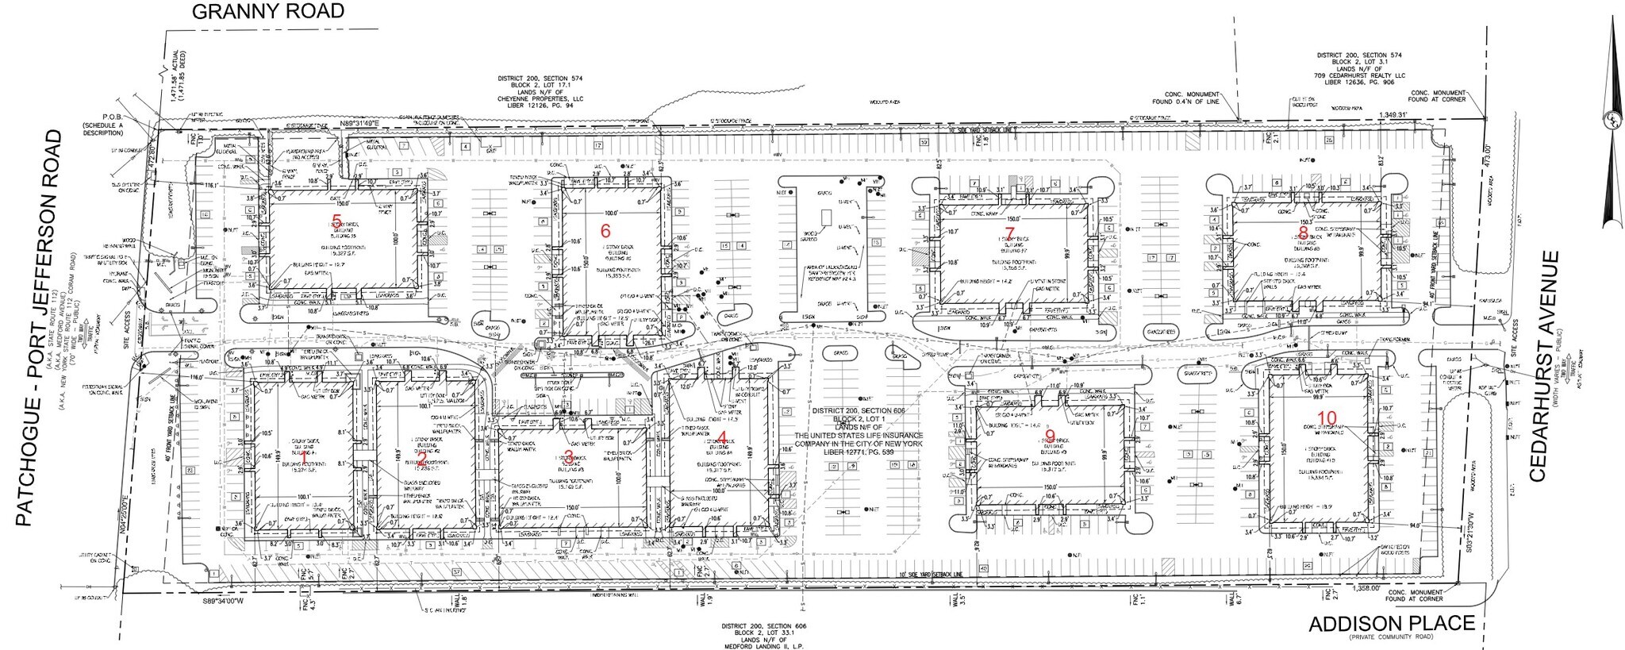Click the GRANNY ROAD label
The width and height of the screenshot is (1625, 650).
(x=270, y=10)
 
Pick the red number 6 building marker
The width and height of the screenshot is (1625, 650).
(x=606, y=231)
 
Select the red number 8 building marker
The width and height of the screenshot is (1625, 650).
(x=1302, y=232)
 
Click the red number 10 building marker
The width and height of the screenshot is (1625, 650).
(x=1326, y=417)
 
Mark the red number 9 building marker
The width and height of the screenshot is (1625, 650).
(x=1050, y=437)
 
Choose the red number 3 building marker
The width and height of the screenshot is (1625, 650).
(x=568, y=456)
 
